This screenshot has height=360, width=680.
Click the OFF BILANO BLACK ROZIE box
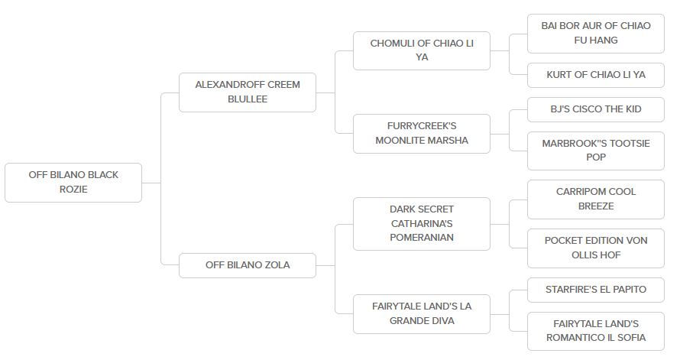tap(73, 183)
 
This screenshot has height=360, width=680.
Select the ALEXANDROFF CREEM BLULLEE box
tap(248, 92)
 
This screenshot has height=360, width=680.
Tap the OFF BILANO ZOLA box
tap(248, 265)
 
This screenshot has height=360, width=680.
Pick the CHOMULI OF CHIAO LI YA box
tap(422, 50)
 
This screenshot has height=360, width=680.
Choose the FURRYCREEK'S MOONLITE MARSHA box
tap(422, 134)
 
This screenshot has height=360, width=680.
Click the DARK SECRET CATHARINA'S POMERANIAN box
tap(422, 224)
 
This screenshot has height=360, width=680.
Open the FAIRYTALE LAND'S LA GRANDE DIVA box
tap(422, 314)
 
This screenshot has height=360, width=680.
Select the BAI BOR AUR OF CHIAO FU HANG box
tap(596, 34)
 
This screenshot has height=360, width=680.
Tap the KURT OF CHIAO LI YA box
tap(596, 75)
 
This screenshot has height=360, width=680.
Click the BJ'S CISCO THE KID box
tap(596, 109)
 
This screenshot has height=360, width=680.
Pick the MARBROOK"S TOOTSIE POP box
tap(596, 151)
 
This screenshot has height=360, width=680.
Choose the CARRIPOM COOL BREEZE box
tap(596, 199)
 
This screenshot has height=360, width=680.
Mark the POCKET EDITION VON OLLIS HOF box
tap(596, 248)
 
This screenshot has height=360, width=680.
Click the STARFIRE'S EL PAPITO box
tap(596, 290)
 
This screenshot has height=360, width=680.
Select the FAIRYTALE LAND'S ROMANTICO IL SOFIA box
tap(596, 332)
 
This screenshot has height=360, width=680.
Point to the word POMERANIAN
tap(422, 238)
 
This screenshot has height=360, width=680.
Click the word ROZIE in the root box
tap(73, 190)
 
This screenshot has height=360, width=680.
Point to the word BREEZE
tap(596, 206)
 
